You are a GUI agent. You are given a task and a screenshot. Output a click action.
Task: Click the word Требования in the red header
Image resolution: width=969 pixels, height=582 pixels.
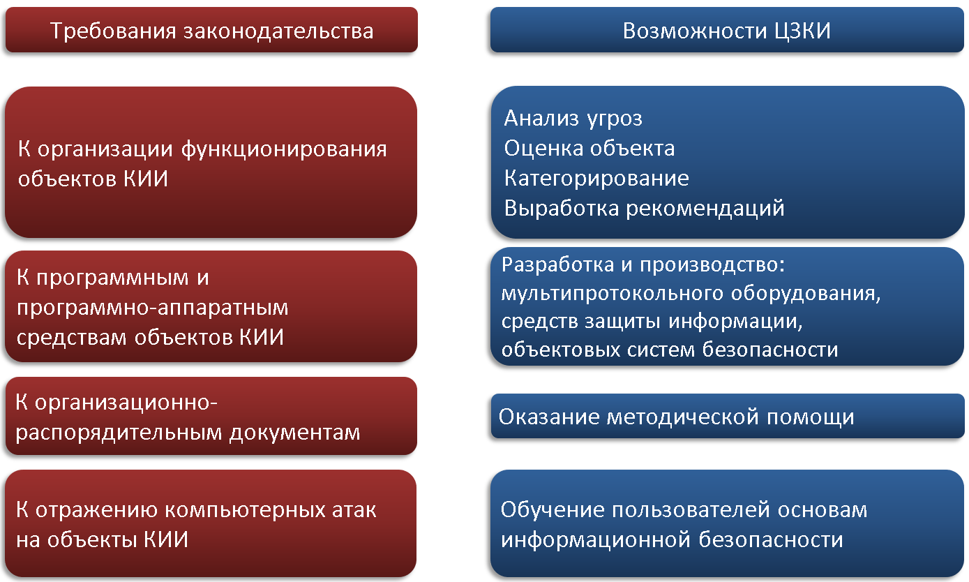pyautogui.click(x=113, y=31)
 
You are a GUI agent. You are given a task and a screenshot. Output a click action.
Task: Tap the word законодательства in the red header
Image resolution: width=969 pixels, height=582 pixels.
pyautogui.click(x=278, y=31)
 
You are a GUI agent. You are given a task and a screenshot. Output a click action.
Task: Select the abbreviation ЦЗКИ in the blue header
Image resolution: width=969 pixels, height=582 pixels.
pyautogui.click(x=802, y=31)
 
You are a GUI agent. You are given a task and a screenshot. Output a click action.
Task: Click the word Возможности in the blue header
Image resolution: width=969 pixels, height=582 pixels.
pyautogui.click(x=695, y=31)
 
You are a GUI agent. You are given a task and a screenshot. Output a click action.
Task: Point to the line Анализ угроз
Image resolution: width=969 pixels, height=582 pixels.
pyautogui.click(x=573, y=119)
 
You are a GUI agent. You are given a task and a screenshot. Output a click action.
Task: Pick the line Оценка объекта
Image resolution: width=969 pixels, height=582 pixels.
pyautogui.click(x=589, y=148)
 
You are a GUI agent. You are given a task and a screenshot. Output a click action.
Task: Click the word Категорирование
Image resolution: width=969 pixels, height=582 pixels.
pyautogui.click(x=596, y=178)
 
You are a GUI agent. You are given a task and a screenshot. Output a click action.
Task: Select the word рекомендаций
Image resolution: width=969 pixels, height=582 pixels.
pyautogui.click(x=705, y=209)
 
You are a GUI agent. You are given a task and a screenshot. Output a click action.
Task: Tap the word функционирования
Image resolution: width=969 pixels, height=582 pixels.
pyautogui.click(x=284, y=150)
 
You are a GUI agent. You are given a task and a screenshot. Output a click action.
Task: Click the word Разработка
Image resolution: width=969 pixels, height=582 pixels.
pyautogui.click(x=557, y=264)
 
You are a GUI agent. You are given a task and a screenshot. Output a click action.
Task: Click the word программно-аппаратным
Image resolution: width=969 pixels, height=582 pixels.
pyautogui.click(x=152, y=308)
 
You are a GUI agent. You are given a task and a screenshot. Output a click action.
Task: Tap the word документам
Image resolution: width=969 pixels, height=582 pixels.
pyautogui.click(x=294, y=432)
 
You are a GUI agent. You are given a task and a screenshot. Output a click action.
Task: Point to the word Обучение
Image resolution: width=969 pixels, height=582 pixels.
pyautogui.click(x=553, y=509)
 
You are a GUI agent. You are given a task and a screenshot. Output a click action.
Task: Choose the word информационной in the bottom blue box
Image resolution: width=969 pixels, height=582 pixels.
pyautogui.click(x=596, y=540)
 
